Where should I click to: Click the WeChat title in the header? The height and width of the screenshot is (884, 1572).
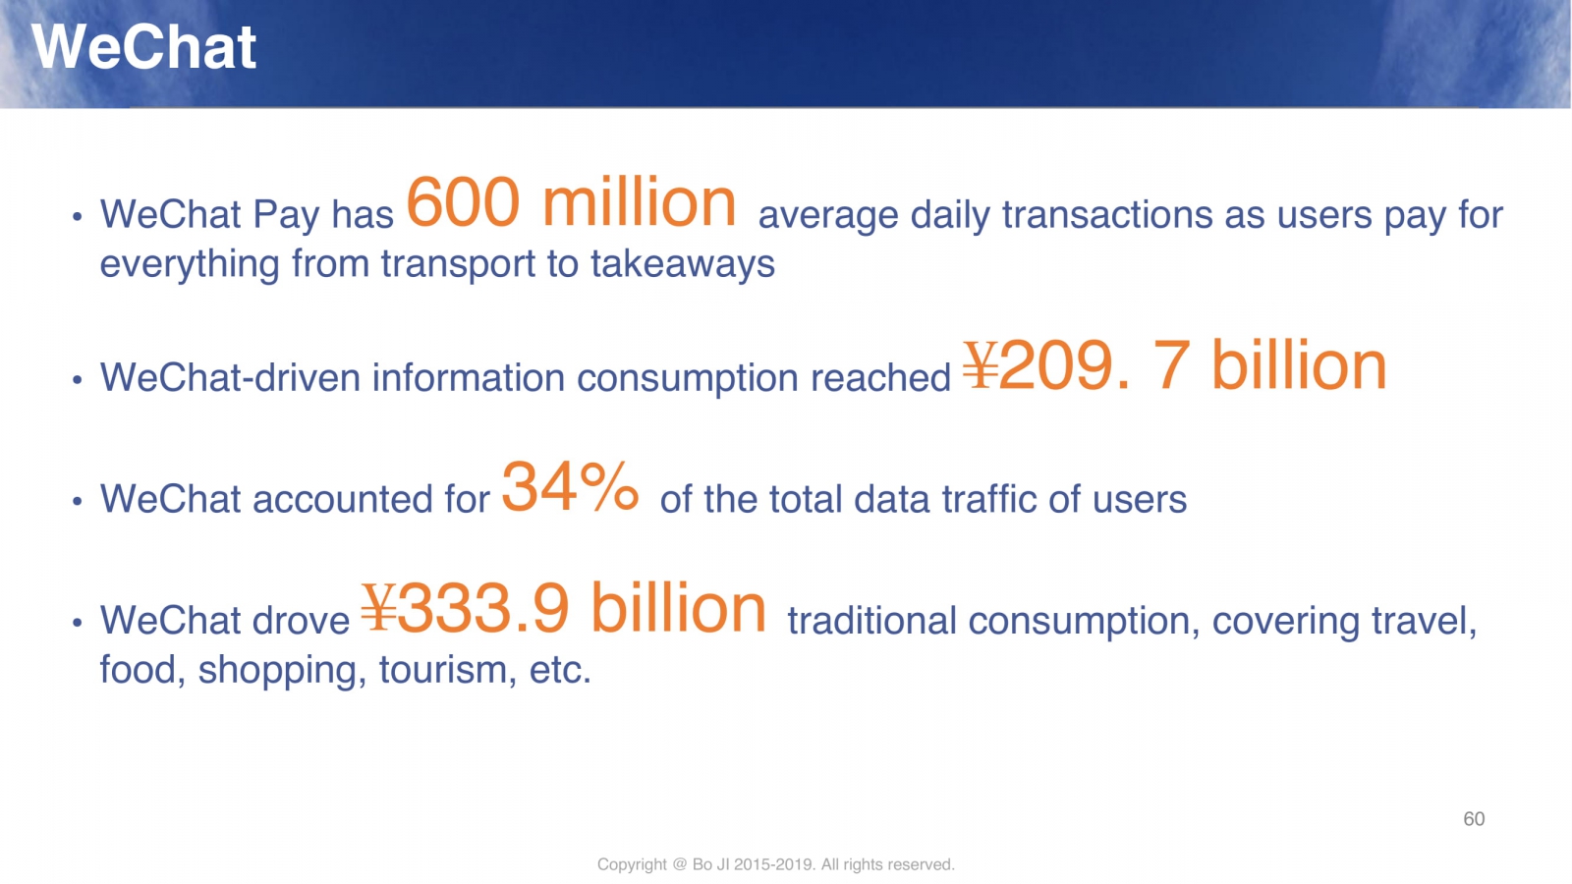click(143, 47)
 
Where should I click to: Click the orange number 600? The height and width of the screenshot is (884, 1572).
click(463, 202)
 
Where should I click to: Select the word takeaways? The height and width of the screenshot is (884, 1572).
click(683, 264)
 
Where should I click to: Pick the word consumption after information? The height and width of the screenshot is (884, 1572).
click(688, 379)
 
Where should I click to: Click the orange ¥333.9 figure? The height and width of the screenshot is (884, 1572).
click(466, 608)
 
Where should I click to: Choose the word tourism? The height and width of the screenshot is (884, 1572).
click(443, 669)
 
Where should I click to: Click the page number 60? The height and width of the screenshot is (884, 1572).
click(1474, 819)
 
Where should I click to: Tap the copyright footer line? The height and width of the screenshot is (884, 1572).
click(775, 864)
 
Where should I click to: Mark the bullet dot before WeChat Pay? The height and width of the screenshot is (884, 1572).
click(78, 217)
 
